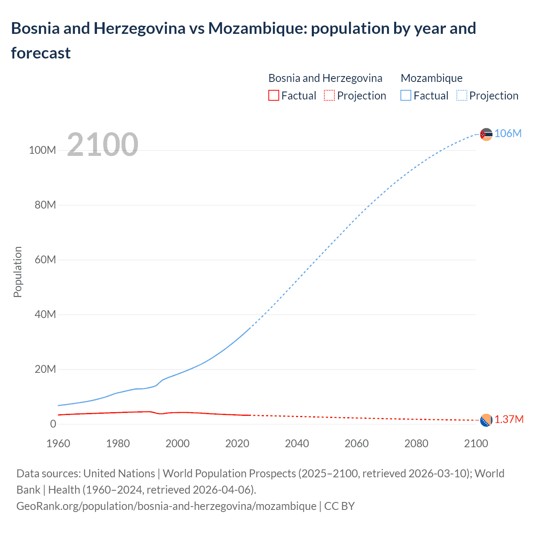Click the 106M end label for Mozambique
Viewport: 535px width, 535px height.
(508, 133)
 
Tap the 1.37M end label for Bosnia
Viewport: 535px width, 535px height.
(509, 419)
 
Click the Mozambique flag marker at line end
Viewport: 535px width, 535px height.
(486, 134)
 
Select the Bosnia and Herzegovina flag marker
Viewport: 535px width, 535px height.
(486, 420)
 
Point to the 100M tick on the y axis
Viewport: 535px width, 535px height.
(42, 150)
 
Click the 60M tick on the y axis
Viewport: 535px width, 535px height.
(45, 260)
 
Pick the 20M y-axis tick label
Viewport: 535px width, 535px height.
(45, 369)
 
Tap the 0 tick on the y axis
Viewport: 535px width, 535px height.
(53, 424)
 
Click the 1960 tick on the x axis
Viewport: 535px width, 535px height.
(58, 443)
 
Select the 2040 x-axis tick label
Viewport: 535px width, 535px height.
(297, 443)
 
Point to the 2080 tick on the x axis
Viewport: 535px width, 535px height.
(416, 443)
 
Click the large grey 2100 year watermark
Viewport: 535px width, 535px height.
(102, 145)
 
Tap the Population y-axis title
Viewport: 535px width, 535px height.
(18, 272)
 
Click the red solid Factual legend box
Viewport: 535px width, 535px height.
(273, 96)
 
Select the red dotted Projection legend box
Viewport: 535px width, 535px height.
(329, 96)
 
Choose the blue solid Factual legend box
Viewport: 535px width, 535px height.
(405, 96)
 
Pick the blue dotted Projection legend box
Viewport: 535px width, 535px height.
(461, 96)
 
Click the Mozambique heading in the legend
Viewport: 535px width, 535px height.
(431, 78)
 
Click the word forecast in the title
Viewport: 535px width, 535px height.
(41, 53)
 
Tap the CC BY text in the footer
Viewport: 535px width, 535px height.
(339, 506)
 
